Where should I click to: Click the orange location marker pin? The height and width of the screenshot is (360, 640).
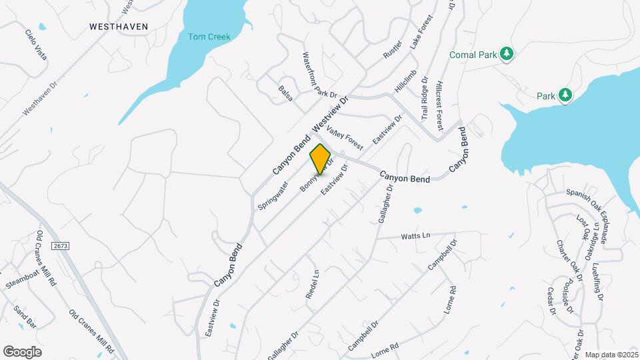321,159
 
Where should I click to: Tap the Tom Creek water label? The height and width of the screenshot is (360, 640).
209,37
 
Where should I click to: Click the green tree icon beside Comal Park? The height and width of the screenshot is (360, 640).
507,54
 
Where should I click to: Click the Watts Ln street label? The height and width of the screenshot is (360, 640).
416,236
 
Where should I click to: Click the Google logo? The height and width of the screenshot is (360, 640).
22,351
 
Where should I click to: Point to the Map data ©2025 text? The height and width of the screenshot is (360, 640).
611,354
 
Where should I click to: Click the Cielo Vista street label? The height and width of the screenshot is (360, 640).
36,45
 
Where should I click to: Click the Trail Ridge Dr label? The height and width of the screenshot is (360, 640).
425,98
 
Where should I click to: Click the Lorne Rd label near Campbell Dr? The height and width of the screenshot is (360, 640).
384,347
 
